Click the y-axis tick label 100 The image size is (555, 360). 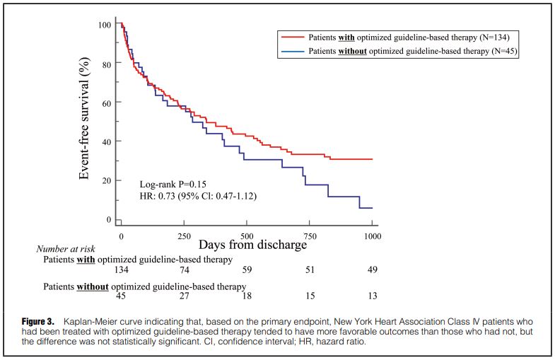pyautogui.click(x=104, y=25)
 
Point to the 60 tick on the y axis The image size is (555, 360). pyautogui.click(x=106, y=103)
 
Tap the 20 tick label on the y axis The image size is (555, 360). pyautogui.click(x=106, y=180)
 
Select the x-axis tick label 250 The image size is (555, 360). pyautogui.click(x=184, y=234)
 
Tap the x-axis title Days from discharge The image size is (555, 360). pyautogui.click(x=252, y=245)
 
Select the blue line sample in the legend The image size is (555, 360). pyautogui.click(x=291, y=52)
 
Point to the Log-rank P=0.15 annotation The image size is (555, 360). pyautogui.click(x=173, y=184)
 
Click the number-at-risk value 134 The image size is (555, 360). pyautogui.click(x=121, y=270)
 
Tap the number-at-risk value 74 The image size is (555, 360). pyautogui.click(x=184, y=270)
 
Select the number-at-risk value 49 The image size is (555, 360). pyautogui.click(x=372, y=270)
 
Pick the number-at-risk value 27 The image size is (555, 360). pyautogui.click(x=184, y=296)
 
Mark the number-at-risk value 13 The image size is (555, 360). pyautogui.click(x=372, y=296)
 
